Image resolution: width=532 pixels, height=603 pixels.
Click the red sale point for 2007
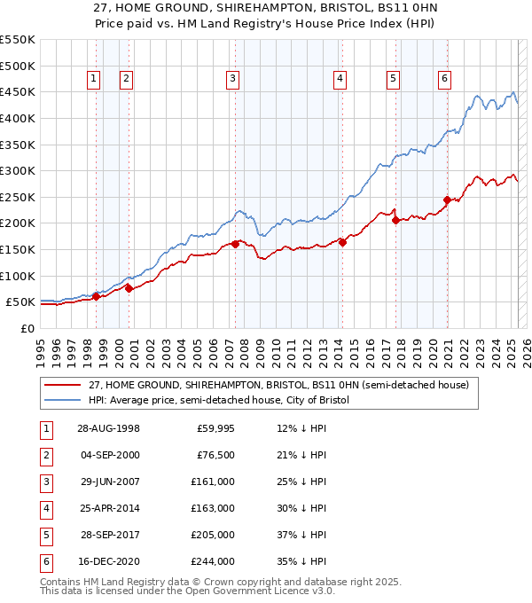pos(235,243)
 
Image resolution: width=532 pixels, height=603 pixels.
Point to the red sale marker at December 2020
pos(447,200)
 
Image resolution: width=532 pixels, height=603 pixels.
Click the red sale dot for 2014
pos(342,242)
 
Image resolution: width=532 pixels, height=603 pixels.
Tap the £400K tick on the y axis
pos(17,118)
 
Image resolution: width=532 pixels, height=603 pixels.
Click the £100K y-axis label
pos(17,276)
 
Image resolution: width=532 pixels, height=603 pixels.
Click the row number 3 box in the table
pos(44,482)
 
